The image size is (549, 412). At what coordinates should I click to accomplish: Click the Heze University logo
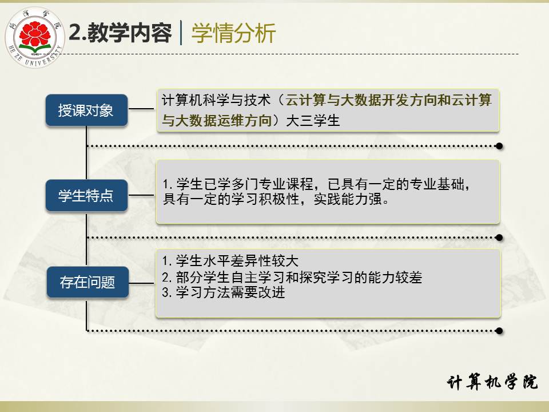[x=35, y=38]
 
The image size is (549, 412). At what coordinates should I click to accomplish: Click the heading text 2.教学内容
[x=120, y=33]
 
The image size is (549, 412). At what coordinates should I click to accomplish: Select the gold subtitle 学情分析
[x=233, y=33]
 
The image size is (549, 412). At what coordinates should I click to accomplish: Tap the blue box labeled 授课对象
[x=86, y=110]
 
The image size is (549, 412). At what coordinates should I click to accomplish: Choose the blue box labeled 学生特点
[x=86, y=196]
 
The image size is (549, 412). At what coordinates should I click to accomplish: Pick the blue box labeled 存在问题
[x=87, y=282]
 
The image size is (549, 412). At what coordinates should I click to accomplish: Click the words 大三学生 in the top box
[x=313, y=121]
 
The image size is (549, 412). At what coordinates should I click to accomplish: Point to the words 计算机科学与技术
[x=216, y=100]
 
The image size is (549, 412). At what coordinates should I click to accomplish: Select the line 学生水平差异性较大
[x=230, y=261]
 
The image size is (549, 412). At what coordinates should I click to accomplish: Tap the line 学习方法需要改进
[x=224, y=292]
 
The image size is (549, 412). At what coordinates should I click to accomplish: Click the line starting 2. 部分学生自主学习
[x=292, y=277]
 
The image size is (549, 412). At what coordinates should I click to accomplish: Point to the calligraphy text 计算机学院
[x=492, y=382]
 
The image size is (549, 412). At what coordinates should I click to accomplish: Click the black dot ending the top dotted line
[x=499, y=146]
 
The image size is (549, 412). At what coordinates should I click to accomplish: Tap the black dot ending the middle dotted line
[x=499, y=238]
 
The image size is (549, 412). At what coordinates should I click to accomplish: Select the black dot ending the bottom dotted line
[x=499, y=331]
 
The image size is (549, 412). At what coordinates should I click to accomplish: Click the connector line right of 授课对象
[x=141, y=109]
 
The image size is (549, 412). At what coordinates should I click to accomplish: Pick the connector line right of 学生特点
[x=141, y=195]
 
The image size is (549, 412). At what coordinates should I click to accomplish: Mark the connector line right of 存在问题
[x=141, y=283]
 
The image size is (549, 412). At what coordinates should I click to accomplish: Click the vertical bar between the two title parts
[x=181, y=33]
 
